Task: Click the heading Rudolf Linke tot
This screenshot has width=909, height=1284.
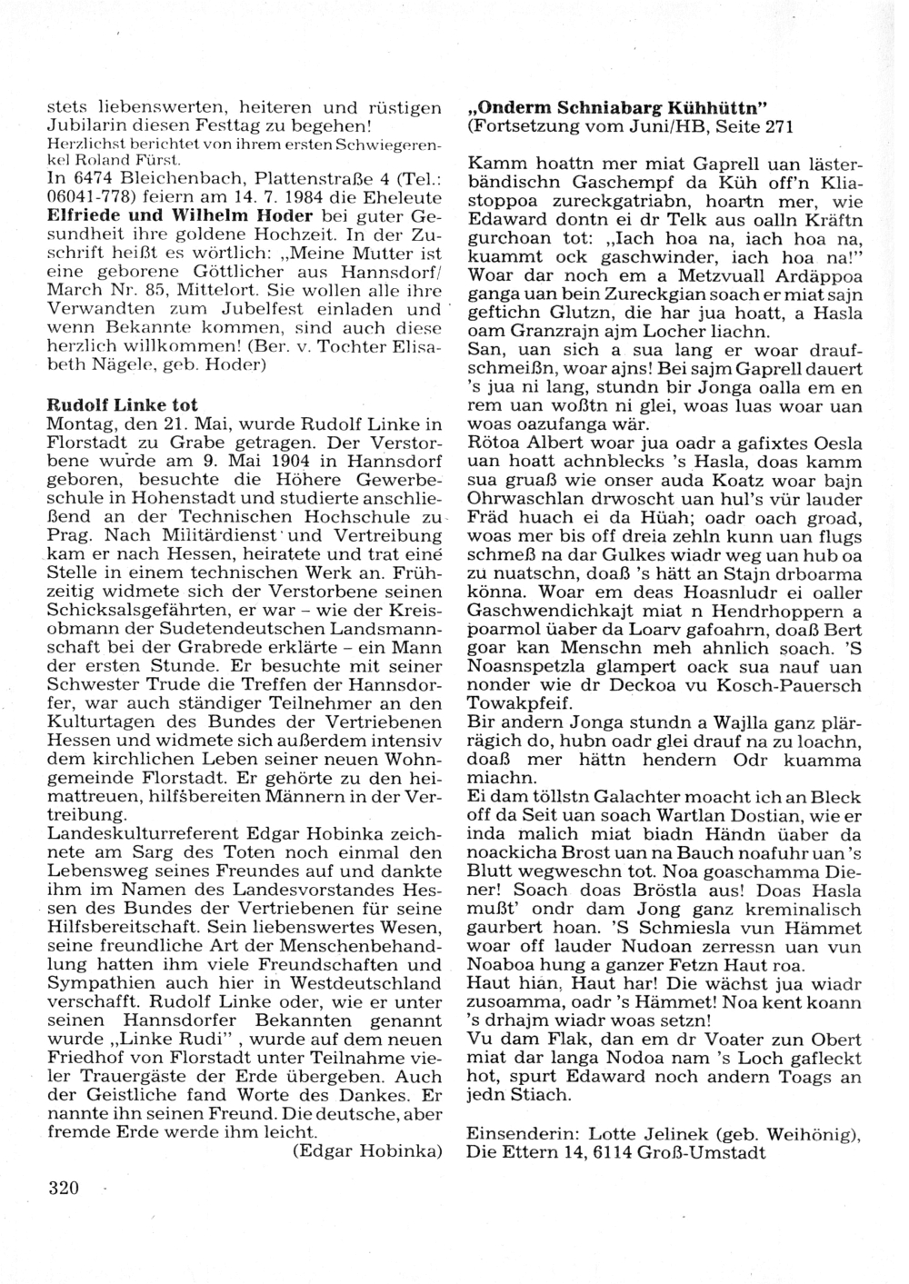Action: [x=122, y=404]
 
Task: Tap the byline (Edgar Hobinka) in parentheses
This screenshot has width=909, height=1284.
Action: [x=367, y=1151]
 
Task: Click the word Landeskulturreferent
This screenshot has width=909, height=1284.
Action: [x=138, y=833]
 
